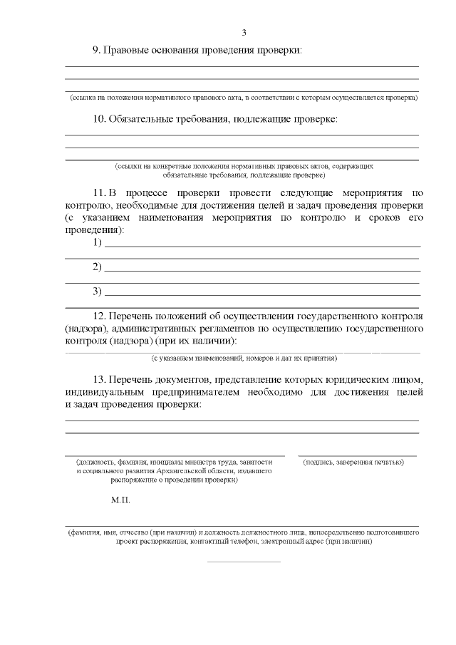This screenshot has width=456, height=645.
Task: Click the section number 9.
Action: coord(97,50)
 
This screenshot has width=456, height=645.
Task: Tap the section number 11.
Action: coord(99,193)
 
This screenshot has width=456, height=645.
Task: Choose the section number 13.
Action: coord(99,378)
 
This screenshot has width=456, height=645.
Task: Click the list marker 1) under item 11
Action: coord(98,243)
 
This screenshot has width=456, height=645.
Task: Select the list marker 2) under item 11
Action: coord(98,267)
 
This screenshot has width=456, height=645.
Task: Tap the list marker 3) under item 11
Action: coord(98,291)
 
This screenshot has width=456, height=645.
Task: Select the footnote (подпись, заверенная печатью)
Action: coord(353,463)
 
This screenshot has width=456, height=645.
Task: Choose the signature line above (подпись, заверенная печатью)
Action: coord(357,455)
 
